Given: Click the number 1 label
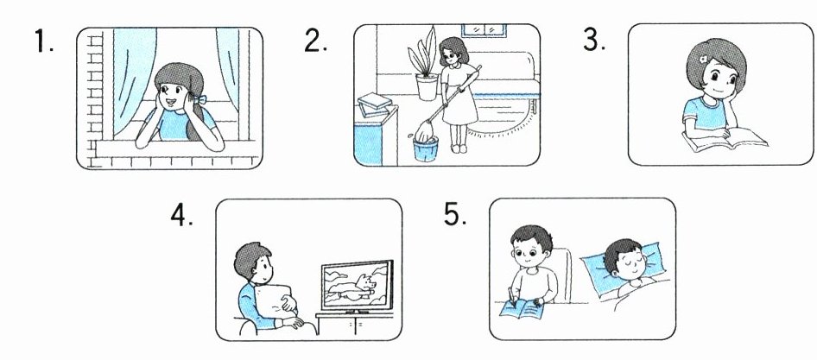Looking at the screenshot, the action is [44, 41].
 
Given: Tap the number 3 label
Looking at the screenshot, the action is [594, 39].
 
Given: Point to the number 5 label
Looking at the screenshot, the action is [455, 213].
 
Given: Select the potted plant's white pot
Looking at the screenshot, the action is [427, 87].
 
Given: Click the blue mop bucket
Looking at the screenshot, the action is [425, 149].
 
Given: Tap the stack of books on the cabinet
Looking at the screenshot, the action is [374, 104].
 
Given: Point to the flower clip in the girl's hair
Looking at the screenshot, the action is [703, 60].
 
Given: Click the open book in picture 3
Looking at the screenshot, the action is [724, 140].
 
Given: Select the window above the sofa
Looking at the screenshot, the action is [484, 30].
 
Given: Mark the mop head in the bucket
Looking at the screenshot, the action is [424, 132].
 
